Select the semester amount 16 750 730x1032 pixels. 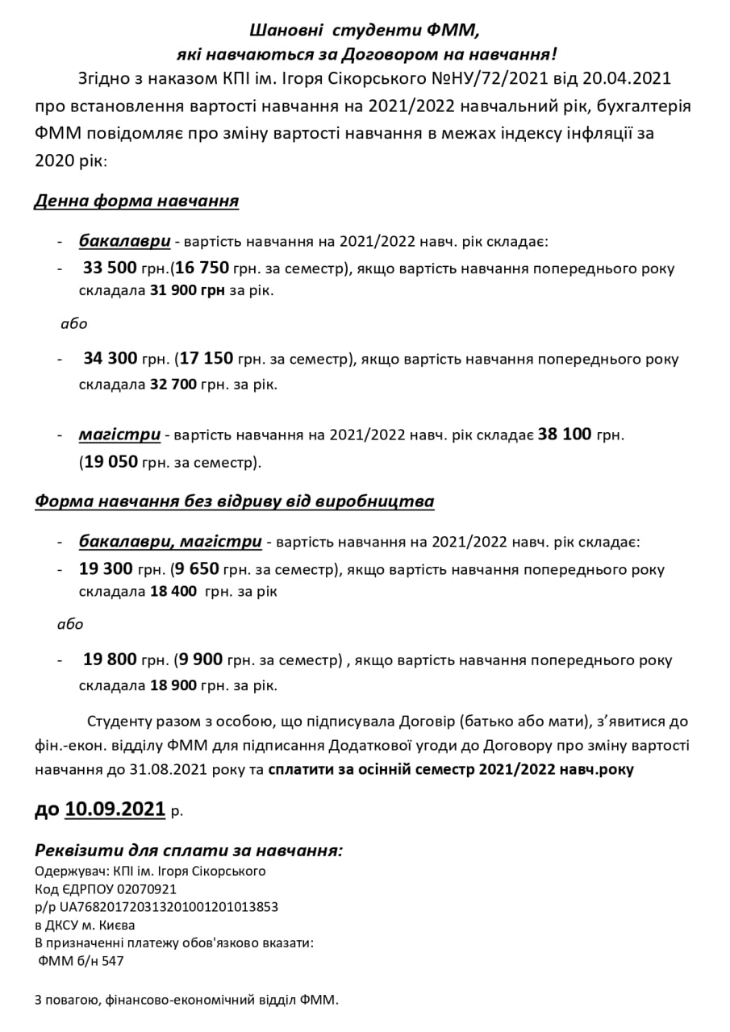202,268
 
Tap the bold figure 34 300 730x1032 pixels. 111,360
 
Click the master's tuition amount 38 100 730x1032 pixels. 565,435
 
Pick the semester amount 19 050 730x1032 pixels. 111,463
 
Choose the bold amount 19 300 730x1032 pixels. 106,569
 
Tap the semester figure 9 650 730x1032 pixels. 197,569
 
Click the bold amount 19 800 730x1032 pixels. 110,660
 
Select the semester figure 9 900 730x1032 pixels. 201,660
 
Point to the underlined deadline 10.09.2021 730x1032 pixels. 115,809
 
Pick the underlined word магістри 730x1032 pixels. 119,435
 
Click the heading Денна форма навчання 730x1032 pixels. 136,200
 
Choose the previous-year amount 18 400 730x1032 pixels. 173,592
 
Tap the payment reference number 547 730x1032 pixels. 112,960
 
